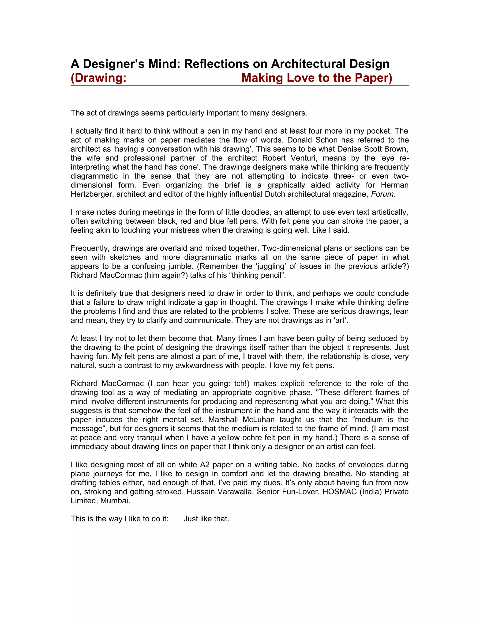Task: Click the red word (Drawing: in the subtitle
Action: [98, 78]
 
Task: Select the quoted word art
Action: [341, 320]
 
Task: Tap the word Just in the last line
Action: [192, 519]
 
